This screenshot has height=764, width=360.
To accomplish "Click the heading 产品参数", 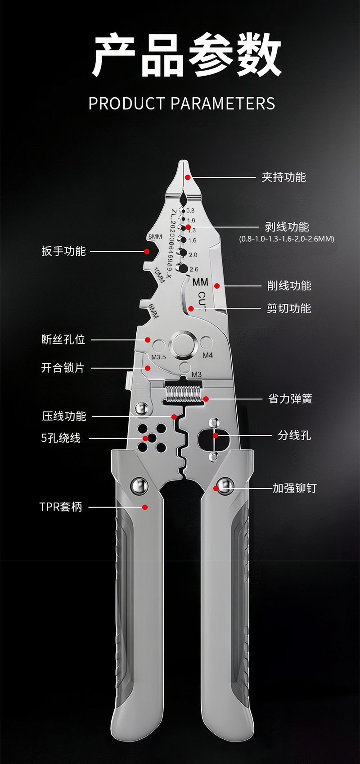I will point(186,56).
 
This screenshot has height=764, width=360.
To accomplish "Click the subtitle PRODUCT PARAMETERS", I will point(181,104).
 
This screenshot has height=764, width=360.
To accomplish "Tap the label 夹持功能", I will point(283,177).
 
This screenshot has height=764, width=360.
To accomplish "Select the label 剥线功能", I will point(287,226).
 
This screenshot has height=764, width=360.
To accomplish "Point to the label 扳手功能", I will point(63,251).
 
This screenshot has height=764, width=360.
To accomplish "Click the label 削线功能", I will point(289,285).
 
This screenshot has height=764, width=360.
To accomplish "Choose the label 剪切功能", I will point(288,308).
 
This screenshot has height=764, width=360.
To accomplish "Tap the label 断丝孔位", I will point(63,339).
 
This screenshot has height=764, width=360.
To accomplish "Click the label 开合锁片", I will point(63,368).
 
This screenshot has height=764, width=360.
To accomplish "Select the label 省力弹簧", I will point(290,398).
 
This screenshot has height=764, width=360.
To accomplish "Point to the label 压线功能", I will point(64,416).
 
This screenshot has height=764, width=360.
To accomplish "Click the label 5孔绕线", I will point(61,438).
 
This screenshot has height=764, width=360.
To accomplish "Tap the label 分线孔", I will point(294,435).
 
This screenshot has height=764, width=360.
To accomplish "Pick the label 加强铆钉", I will point(295,488).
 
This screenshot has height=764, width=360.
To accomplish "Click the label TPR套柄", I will point(61,507).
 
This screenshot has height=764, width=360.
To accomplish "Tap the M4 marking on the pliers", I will point(207,355).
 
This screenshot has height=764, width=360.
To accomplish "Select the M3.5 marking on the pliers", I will point(158,357).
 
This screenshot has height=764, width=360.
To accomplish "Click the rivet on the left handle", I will point(139,485).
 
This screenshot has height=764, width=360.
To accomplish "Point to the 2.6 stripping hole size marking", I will point(193,269).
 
